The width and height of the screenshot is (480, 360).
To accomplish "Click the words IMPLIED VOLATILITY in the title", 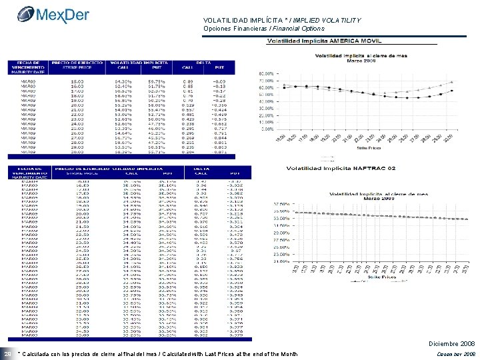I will tap(323, 21).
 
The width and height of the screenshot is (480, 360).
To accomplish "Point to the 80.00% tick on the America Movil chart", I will tap(265, 73).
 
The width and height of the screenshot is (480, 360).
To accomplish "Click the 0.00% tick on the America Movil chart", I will tap(267, 129).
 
